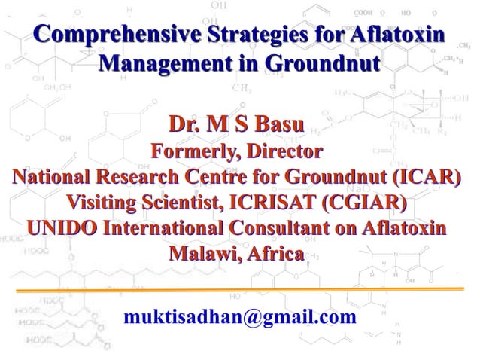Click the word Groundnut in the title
click(322, 60)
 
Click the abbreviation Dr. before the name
click(186, 123)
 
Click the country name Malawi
click(201, 252)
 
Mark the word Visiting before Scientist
click(105, 203)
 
